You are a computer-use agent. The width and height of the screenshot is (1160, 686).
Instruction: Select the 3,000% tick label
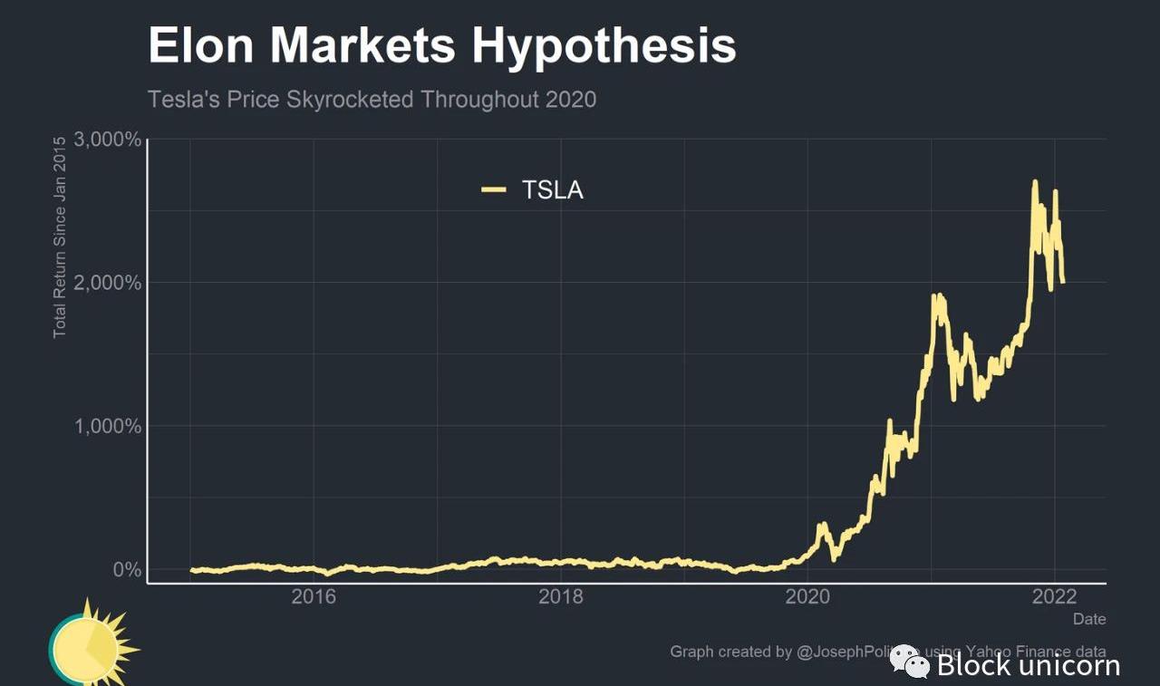click(109, 140)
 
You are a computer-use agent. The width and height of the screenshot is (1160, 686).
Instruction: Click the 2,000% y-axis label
click(109, 283)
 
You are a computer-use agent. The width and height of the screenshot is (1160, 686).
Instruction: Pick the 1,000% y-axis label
click(109, 426)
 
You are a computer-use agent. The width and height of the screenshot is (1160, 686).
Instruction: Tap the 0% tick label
click(126, 570)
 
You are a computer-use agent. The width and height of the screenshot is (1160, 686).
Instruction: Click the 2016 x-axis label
click(314, 597)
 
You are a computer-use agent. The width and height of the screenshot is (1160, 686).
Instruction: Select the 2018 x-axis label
click(561, 597)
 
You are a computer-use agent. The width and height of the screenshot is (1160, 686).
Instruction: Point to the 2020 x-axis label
click(808, 597)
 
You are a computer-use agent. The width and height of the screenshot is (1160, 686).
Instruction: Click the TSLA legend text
click(553, 190)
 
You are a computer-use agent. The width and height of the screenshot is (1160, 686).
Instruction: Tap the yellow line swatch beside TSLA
click(493, 189)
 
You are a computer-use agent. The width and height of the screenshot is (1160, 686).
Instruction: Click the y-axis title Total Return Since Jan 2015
click(60, 237)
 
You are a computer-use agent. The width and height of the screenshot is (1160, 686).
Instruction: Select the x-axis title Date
click(1089, 619)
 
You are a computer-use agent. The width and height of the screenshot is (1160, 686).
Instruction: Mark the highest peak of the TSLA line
click(1035, 182)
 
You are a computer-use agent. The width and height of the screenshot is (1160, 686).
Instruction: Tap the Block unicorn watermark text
click(1028, 666)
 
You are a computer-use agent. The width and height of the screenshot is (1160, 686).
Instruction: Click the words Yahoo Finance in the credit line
click(1019, 651)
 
